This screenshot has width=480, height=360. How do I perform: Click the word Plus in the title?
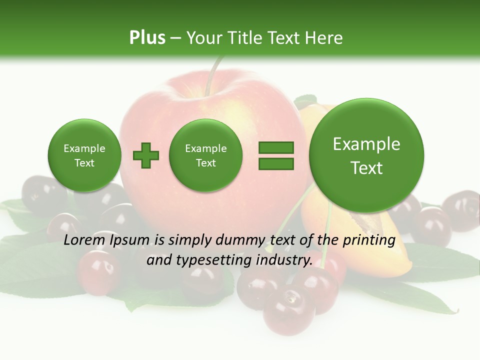tap(147, 37)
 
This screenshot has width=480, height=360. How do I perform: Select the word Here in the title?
tap(324, 37)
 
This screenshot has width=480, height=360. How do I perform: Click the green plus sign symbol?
tap(146, 155)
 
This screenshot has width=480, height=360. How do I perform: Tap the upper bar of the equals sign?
tap(275, 147)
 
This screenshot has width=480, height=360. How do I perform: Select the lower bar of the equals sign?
tap(275, 163)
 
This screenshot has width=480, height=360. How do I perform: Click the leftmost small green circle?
tap(84, 155)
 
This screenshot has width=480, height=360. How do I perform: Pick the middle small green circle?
tap(205, 155)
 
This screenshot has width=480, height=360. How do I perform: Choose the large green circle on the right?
tap(366, 155)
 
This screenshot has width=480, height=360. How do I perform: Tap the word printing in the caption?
tap(368, 240)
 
